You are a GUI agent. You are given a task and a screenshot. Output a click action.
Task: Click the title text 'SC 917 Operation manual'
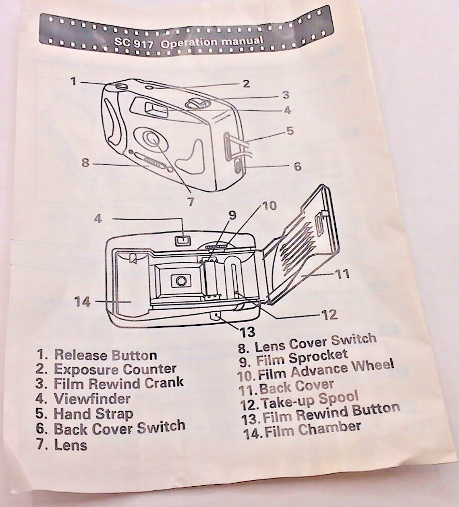click(188, 43)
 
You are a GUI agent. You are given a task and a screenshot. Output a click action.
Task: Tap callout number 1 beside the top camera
click(74, 81)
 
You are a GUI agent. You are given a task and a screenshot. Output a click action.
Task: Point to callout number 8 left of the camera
click(85, 162)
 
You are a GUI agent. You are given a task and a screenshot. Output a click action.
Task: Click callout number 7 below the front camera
click(191, 201)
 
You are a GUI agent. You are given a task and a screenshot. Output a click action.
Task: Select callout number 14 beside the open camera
click(82, 302)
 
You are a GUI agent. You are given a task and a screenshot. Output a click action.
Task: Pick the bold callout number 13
click(247, 332)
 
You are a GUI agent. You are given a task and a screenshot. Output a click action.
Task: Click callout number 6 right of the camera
click(297, 166)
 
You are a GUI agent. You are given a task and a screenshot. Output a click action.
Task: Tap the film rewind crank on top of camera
click(198, 104)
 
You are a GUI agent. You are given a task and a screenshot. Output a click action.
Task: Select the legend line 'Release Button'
click(106, 355)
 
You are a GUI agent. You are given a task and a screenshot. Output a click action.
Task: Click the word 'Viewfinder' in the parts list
click(92, 399)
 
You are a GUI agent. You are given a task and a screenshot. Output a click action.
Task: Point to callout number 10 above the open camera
click(269, 206)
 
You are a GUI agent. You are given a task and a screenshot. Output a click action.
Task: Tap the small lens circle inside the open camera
click(181, 280)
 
